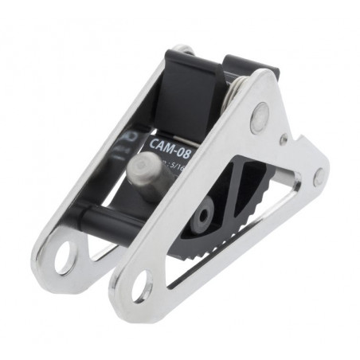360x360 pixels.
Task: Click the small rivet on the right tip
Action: point(319,178)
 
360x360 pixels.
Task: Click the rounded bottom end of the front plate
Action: point(131,299)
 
